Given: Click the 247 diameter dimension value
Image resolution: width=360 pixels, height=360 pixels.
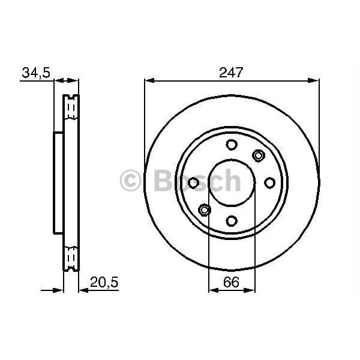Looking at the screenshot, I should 232,73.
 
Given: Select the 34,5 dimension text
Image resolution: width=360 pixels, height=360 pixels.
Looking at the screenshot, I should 35,73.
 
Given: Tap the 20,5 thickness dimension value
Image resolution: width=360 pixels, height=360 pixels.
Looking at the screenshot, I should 103,281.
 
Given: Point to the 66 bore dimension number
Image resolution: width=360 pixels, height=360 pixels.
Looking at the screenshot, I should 232,281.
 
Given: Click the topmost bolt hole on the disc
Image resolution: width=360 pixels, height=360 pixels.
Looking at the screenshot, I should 232,145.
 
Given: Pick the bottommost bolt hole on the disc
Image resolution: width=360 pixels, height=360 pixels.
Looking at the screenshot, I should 232,221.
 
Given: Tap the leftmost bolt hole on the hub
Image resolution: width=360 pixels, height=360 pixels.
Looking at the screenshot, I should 193,182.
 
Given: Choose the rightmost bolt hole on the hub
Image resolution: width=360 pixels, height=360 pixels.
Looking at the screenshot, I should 270,182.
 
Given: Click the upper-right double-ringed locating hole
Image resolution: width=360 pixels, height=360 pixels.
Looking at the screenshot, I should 259,156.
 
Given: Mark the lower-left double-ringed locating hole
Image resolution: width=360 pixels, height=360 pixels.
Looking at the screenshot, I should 204,209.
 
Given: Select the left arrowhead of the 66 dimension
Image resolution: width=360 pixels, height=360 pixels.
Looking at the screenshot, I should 212,290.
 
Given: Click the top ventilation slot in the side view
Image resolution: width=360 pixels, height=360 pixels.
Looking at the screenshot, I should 71,108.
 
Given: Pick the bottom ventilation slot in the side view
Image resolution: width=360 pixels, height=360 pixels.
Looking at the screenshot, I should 71,258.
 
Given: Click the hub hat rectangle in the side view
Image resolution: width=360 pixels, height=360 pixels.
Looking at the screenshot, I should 58,183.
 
